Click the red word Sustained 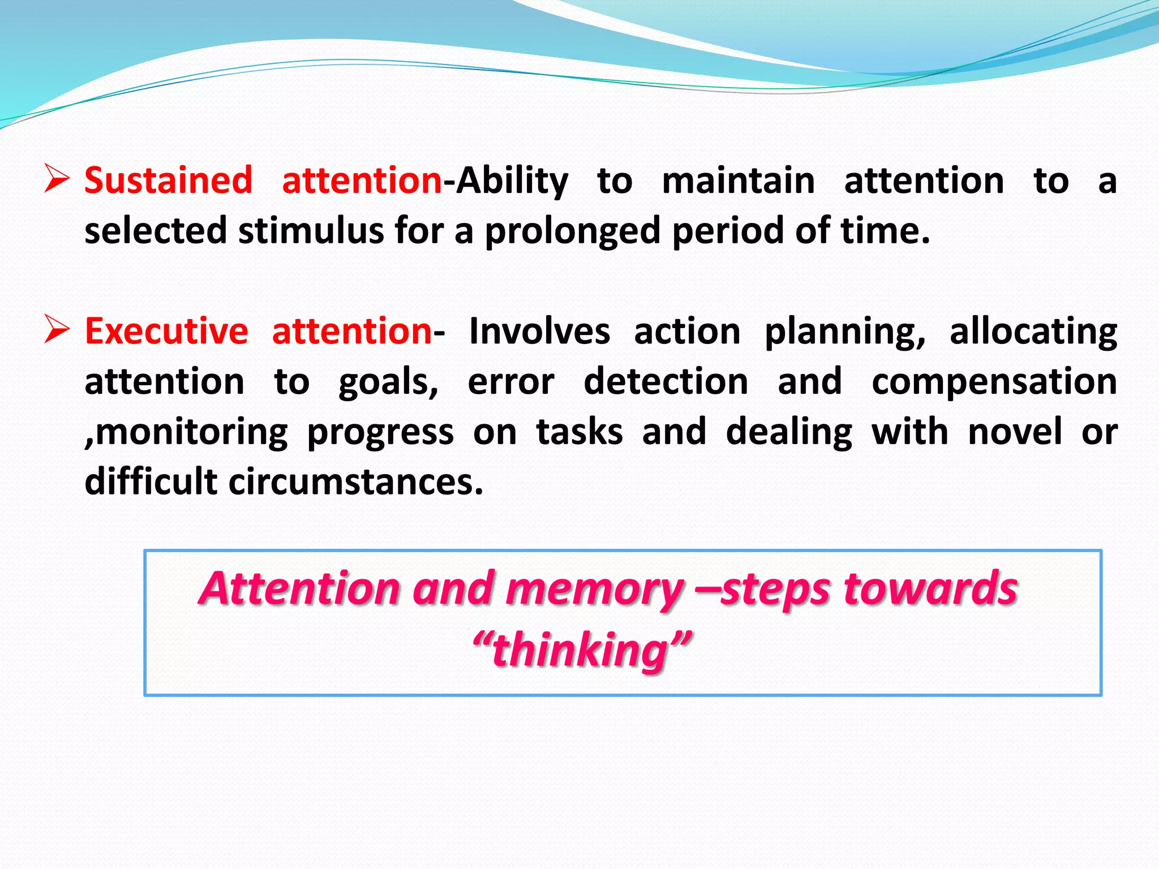click(x=168, y=181)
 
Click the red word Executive click(x=166, y=332)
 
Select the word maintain click(x=739, y=181)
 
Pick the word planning click(x=845, y=333)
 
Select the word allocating click(x=1033, y=333)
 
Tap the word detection click(x=666, y=381)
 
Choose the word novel click(x=1015, y=432)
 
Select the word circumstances click(x=355, y=482)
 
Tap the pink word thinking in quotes click(x=581, y=651)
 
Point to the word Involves click(x=539, y=332)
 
